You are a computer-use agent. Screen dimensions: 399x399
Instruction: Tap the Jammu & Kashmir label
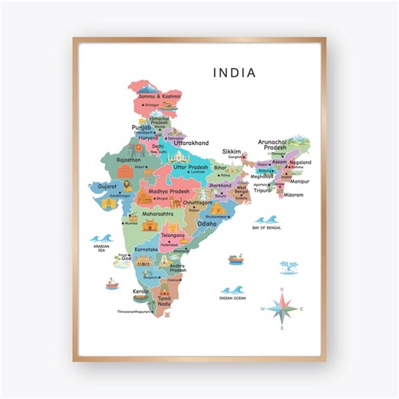pyautogui.click(x=159, y=97)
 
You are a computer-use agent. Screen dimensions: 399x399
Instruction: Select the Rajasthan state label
pyautogui.click(x=128, y=160)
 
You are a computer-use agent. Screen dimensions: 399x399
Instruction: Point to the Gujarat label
pyautogui.click(x=107, y=186)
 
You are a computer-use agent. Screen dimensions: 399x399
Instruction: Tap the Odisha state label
pyautogui.click(x=207, y=223)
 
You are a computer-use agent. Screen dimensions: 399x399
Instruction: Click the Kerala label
pyautogui.click(x=139, y=292)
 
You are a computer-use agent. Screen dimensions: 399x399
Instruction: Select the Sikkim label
pyautogui.click(x=232, y=152)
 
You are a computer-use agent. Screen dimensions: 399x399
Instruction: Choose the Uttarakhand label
pyautogui.click(x=191, y=143)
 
